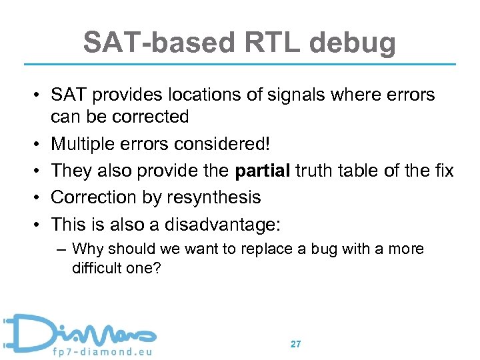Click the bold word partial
click(262, 171)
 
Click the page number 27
click(295, 344)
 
